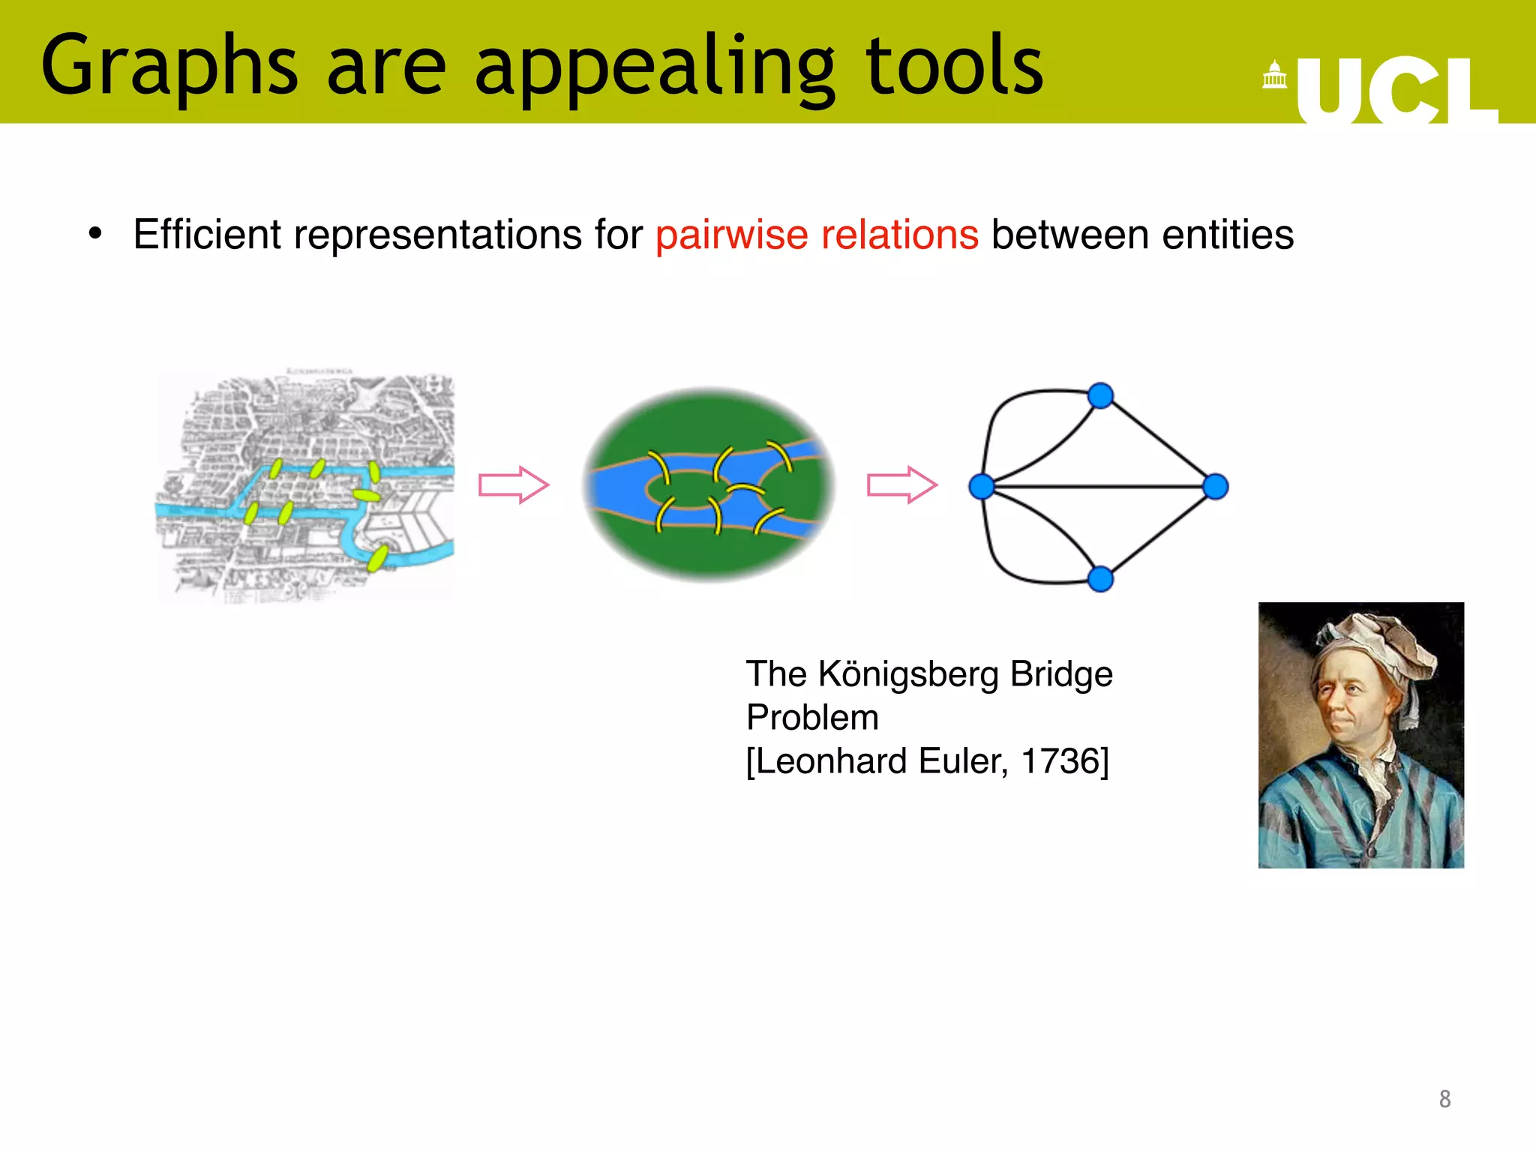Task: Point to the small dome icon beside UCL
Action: [1274, 75]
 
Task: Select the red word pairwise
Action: [731, 235]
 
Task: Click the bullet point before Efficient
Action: [94, 234]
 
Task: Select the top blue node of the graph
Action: [1100, 395]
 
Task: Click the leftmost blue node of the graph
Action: [981, 487]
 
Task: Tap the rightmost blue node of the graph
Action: [1216, 487]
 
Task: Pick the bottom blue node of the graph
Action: [1100, 579]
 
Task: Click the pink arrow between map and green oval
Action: [514, 485]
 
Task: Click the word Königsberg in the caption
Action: [908, 673]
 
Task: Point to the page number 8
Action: [1444, 1099]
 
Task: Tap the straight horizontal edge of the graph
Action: [1099, 487]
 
